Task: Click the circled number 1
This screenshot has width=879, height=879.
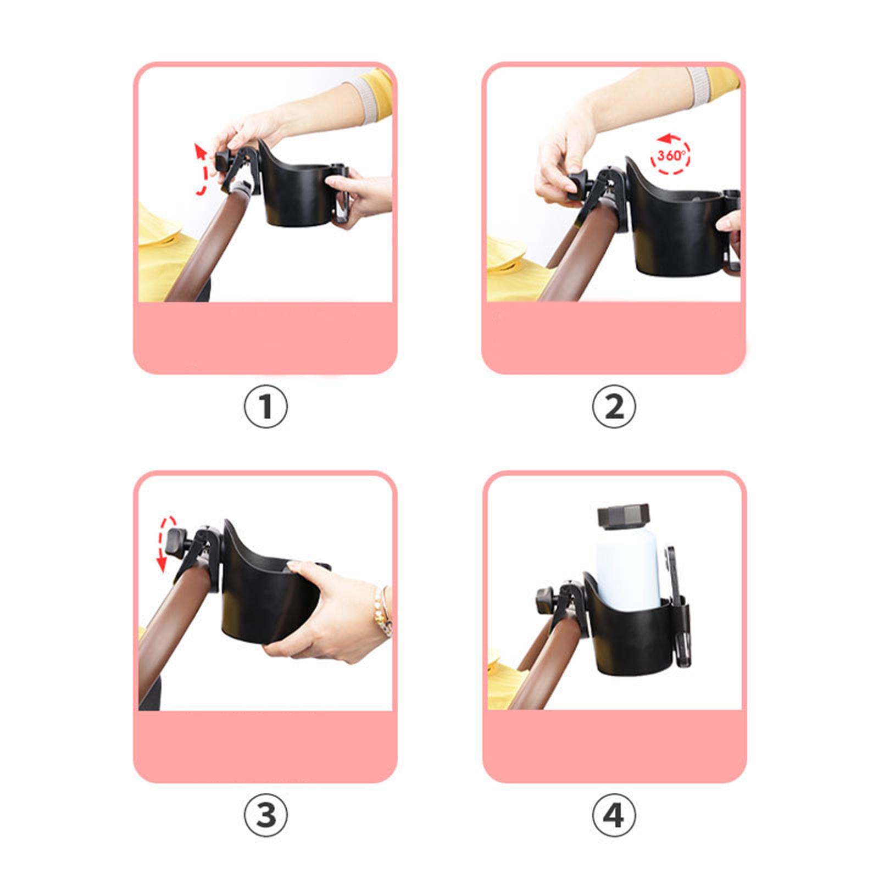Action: click(x=265, y=407)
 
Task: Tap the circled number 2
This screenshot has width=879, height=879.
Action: click(x=614, y=407)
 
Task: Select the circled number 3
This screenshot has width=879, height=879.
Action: click(x=265, y=815)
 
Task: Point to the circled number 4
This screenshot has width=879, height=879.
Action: click(x=614, y=815)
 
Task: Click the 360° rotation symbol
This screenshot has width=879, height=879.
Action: click(x=670, y=154)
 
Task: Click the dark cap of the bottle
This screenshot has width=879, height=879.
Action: click(x=624, y=517)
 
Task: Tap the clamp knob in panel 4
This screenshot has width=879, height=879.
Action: click(x=545, y=599)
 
